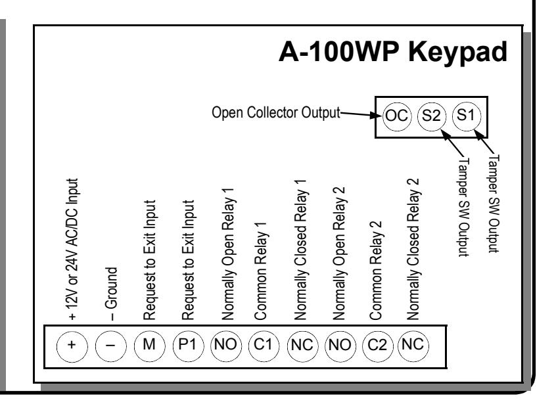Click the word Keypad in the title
coord(458,52)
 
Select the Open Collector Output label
coord(275,113)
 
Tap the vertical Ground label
coord(111,294)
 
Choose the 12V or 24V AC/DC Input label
coord(72,249)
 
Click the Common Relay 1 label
coord(261,271)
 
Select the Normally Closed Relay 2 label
coord(413,249)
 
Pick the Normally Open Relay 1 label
coord(227,254)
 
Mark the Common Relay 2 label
coord(376,271)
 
